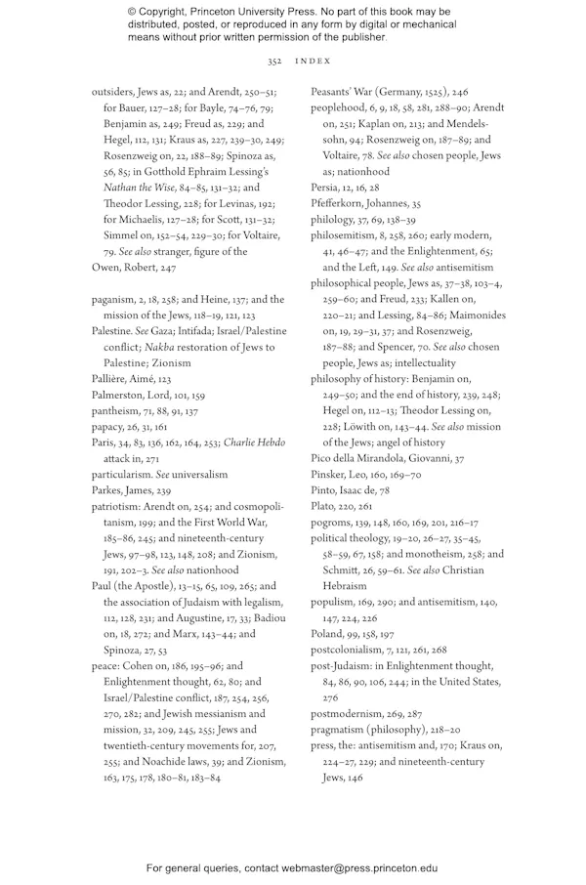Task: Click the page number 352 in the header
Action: pos(273,61)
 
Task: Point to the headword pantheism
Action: pos(117,410)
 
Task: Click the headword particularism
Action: pos(123,474)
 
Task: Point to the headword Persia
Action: pos(325,188)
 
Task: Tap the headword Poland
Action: pos(327,633)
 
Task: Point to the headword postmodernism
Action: pos(348,713)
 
